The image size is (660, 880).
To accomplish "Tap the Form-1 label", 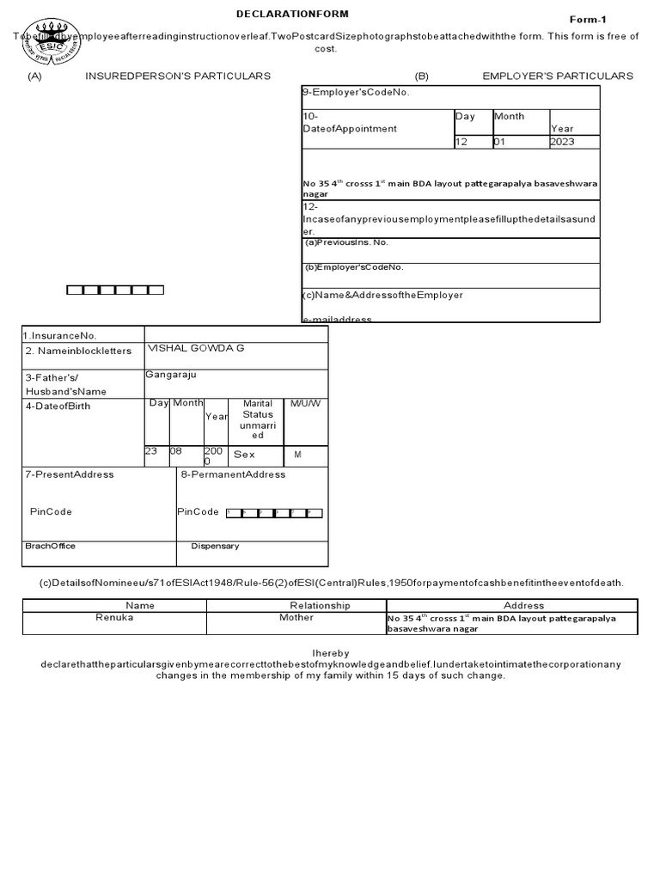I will coord(588,19).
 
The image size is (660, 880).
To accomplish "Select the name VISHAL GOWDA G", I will coord(196,348).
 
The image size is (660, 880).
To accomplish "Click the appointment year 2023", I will coord(563,142).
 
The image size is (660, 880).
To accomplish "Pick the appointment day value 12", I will coord(462,142).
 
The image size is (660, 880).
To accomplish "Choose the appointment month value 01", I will coord(500,142).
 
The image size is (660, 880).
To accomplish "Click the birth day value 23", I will coord(151,450).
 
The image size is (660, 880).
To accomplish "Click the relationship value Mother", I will coord(296,618).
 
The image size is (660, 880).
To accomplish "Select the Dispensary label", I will coord(215,546).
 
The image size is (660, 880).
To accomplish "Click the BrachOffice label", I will coord(50,546).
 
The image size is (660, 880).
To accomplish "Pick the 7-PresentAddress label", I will coord(70,474).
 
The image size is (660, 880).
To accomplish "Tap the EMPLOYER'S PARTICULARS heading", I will coord(558,76).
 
